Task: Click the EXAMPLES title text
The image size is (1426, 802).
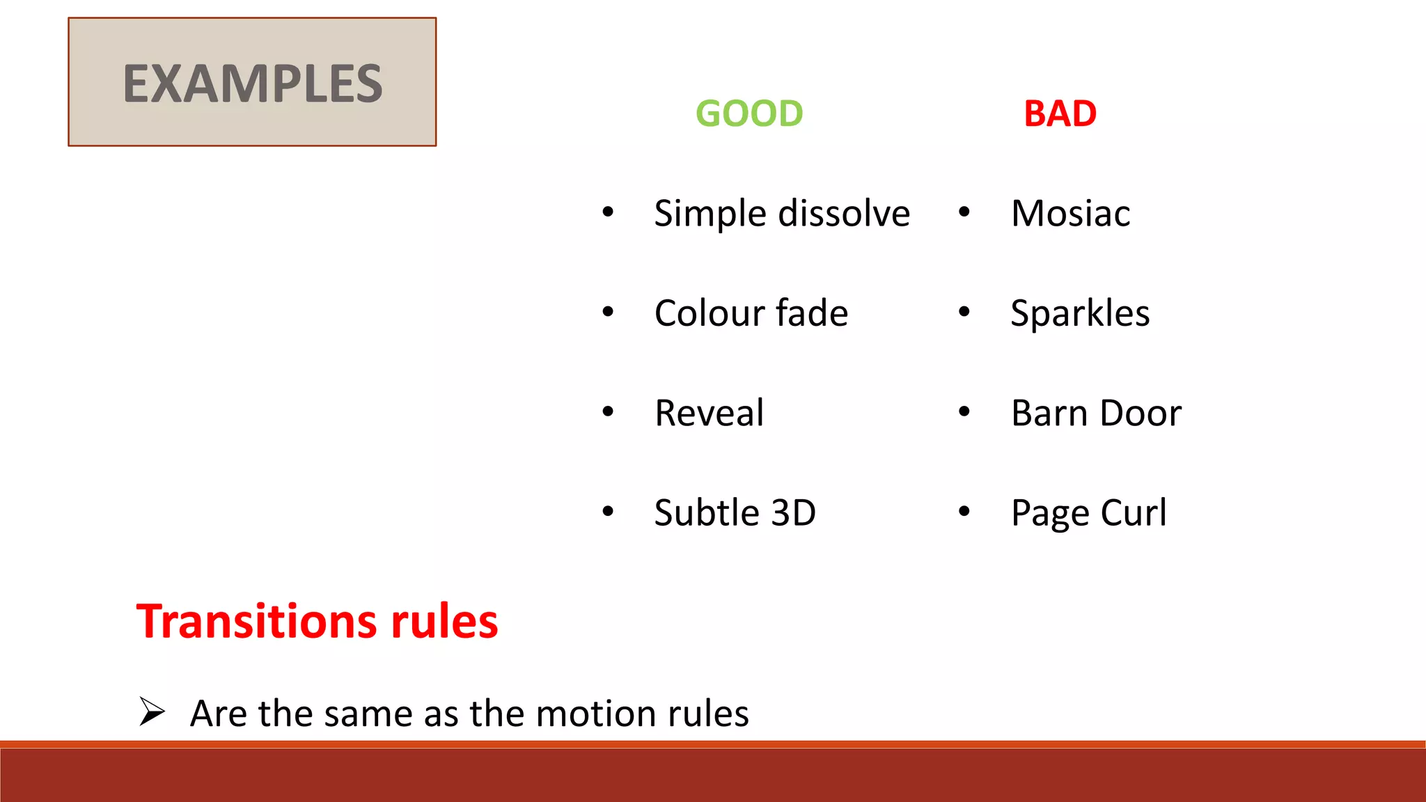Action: (253, 84)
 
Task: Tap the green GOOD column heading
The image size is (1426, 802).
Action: (749, 113)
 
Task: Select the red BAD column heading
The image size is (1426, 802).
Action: (1060, 113)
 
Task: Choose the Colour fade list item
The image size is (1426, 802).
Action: (751, 313)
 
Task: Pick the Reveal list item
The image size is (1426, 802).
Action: (709, 413)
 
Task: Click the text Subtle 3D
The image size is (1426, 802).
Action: (735, 513)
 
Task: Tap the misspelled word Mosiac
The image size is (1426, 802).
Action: (1070, 213)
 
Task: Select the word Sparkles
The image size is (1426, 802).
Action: (1080, 313)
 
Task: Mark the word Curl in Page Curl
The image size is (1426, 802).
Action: (1133, 513)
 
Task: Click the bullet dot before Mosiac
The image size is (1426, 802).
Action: (964, 212)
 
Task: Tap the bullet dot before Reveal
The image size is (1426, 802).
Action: (608, 411)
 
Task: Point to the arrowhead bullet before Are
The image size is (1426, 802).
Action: (151, 711)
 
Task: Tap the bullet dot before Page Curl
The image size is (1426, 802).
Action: (964, 512)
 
